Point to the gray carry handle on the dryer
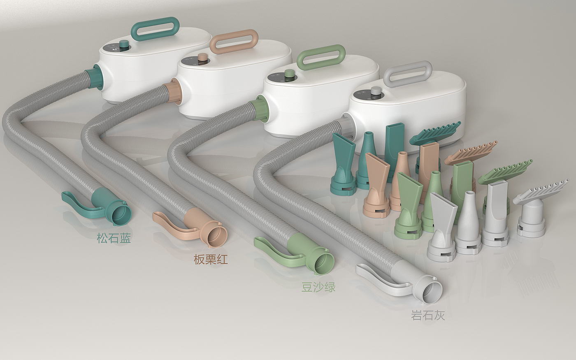click(x=387, y=72)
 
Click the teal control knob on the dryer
click(x=125, y=45)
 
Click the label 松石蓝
click(x=114, y=238)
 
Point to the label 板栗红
click(x=211, y=260)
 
